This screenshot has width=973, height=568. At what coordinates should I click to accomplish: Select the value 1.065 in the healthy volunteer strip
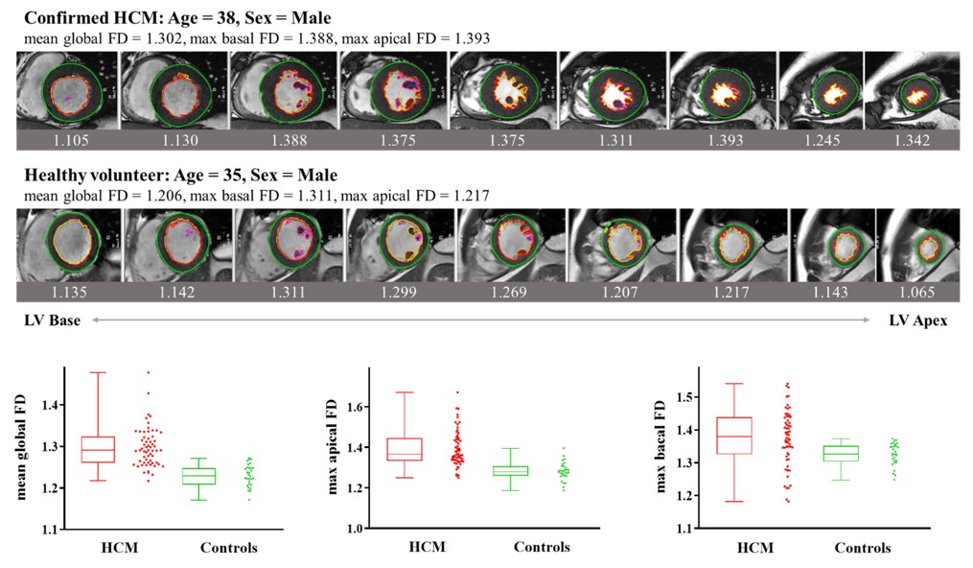point(918,291)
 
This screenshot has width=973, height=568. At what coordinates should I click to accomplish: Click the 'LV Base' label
point(53,320)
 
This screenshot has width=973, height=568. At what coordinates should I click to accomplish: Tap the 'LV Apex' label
point(917,320)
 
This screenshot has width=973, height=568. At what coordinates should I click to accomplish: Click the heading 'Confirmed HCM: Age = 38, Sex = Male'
point(178,18)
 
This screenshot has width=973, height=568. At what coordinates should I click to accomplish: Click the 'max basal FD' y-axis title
point(660,448)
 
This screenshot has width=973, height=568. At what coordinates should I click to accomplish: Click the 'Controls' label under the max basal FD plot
point(861,548)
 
